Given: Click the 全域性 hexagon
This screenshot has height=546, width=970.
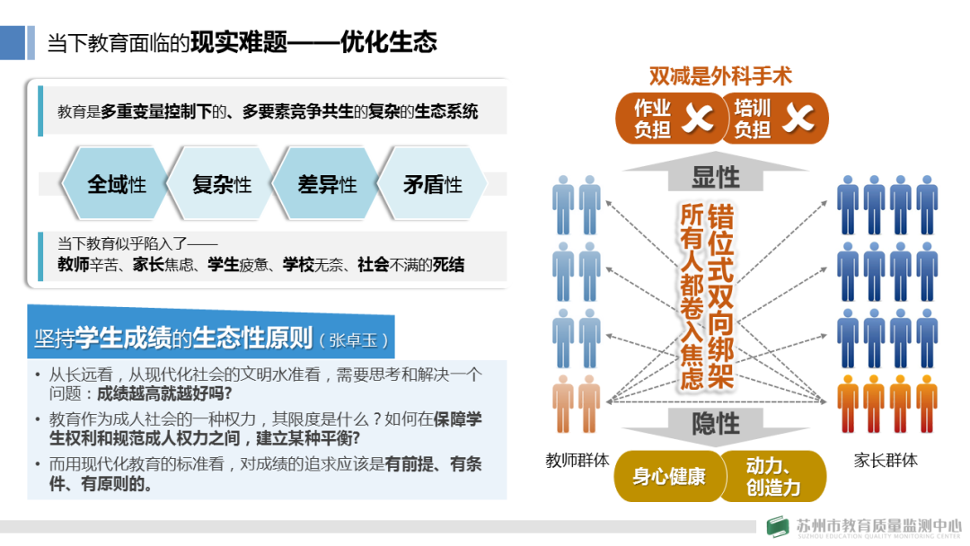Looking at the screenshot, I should point(116,185).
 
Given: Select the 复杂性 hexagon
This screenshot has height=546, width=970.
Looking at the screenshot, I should point(221,185).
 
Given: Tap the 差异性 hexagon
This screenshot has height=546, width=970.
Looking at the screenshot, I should point(327,185).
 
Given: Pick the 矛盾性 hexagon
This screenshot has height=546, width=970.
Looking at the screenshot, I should point(432,185).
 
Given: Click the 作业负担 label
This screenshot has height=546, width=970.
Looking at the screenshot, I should point(652,119).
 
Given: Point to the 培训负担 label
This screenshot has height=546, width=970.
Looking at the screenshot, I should point(752,119).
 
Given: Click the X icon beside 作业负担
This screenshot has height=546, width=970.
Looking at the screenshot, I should point(697,119).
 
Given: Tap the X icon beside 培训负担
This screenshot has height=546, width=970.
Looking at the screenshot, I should point(797,119).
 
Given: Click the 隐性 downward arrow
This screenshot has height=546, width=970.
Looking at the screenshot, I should point(716,422).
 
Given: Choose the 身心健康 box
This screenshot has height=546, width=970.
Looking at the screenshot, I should point(668,476).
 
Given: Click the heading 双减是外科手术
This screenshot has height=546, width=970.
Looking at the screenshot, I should point(720,76).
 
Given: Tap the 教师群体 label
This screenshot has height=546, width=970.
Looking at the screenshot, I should point(578,461).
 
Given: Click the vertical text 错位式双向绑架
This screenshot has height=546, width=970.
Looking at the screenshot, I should point(720,296).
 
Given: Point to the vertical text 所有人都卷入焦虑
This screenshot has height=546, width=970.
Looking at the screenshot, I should point(691,296).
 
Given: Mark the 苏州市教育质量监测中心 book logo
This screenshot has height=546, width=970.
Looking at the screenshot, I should point(777,527).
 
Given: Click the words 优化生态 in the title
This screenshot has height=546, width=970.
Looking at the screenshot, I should point(389,42).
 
